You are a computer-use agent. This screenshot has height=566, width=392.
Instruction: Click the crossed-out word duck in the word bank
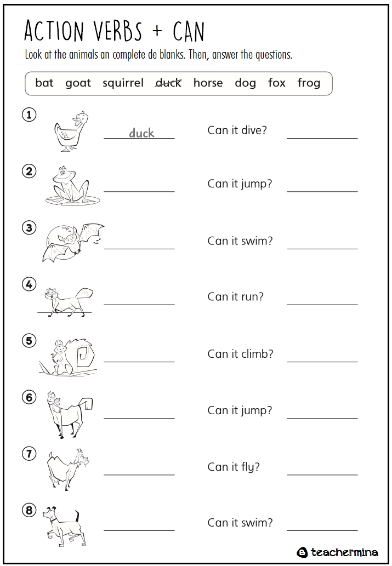(x=168, y=83)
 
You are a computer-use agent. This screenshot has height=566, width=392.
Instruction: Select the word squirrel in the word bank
(x=123, y=83)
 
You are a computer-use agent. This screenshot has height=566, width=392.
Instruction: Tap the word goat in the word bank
(x=78, y=83)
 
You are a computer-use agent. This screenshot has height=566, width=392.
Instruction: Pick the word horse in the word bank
(x=208, y=83)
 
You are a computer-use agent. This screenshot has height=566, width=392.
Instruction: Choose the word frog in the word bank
(x=309, y=83)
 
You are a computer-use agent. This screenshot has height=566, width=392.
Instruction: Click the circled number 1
(x=29, y=115)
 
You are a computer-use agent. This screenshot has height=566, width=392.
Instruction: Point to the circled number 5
(x=29, y=341)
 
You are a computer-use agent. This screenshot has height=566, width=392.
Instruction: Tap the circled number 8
(x=29, y=511)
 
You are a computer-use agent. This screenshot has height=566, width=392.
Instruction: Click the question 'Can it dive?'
(x=237, y=130)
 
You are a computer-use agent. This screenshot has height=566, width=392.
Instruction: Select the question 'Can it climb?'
(x=240, y=354)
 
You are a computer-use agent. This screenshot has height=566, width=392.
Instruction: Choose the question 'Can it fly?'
(x=234, y=467)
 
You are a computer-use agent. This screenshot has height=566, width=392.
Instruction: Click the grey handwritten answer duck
(x=141, y=133)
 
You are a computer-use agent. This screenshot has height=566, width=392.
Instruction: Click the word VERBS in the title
(x=117, y=32)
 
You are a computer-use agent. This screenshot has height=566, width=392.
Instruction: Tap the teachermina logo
(x=338, y=552)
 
